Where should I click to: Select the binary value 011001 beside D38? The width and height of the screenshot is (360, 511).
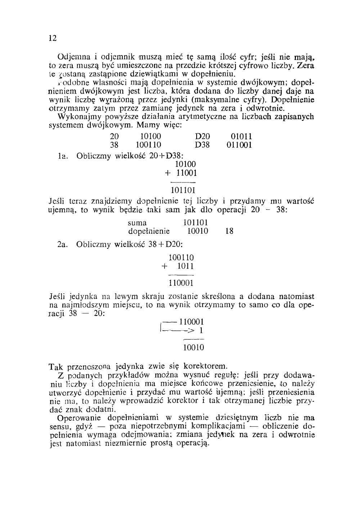(x=239, y=145)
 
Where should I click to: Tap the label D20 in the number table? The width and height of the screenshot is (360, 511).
(x=202, y=136)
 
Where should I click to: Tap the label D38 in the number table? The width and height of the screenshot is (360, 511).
(x=202, y=145)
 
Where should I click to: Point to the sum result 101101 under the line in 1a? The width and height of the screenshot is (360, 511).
(x=183, y=190)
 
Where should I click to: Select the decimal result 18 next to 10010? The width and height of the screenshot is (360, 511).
(x=229, y=231)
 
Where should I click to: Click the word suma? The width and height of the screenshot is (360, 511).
(x=137, y=223)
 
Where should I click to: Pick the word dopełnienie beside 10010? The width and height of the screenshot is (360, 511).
(x=149, y=231)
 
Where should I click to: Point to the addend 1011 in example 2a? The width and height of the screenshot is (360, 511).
(x=186, y=267)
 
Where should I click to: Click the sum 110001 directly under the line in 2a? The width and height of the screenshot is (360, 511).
(x=181, y=283)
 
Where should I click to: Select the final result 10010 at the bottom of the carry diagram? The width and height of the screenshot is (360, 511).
(x=194, y=348)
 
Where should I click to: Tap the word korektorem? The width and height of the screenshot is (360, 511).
(x=206, y=367)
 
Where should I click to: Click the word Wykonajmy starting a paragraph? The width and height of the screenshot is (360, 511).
(x=76, y=117)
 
